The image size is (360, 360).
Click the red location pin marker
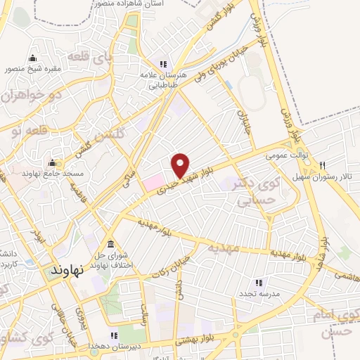[181, 166]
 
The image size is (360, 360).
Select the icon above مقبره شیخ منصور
[32, 58]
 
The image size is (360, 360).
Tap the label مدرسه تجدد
[259, 292]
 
